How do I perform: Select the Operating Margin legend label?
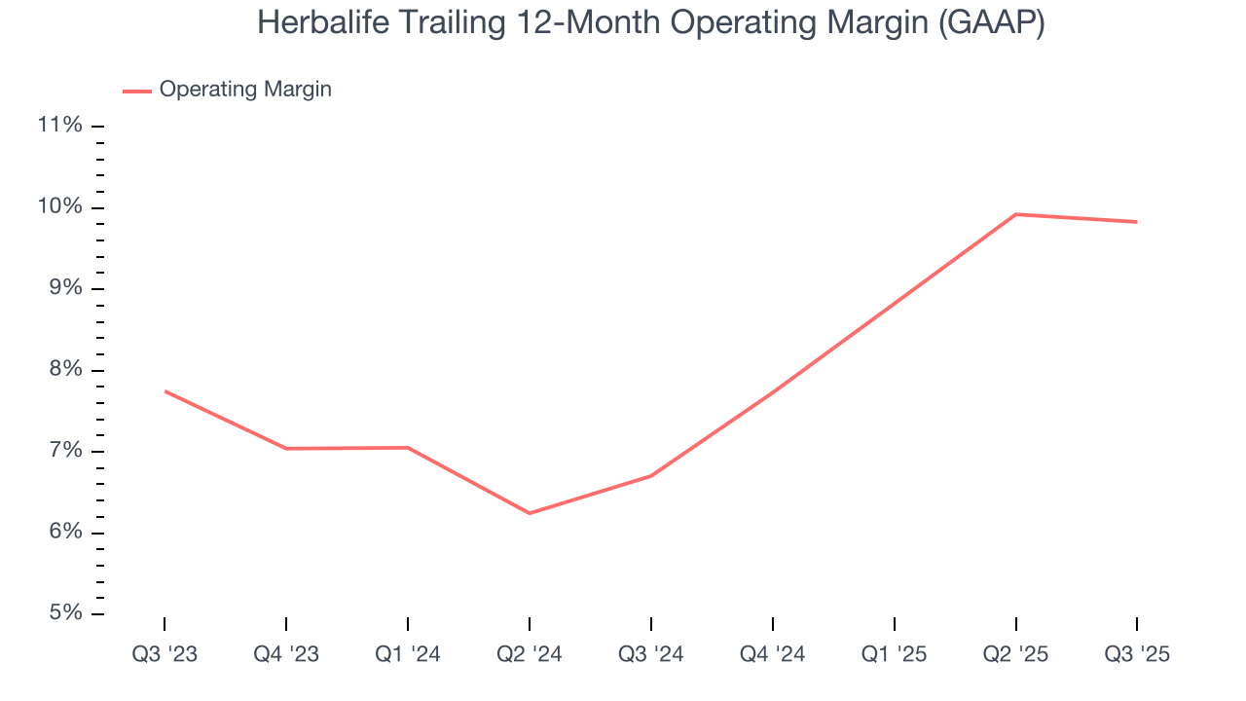(245, 90)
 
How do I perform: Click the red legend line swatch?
(136, 91)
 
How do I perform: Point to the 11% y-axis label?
(59, 126)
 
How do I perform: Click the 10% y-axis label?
(59, 207)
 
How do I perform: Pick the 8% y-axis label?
(64, 370)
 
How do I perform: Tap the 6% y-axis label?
(64, 533)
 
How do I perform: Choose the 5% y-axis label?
(64, 613)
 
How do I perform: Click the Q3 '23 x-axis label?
(165, 654)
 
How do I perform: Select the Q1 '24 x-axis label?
(408, 654)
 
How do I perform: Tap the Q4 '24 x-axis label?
(773, 654)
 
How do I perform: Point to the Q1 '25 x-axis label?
(895, 654)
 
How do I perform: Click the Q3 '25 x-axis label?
(1137, 654)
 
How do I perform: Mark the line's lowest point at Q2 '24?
(530, 513)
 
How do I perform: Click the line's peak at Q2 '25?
(1016, 214)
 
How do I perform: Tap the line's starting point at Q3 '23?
(165, 391)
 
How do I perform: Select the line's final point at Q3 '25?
(1137, 222)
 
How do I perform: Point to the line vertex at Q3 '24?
(651, 476)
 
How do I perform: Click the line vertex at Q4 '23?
(286, 449)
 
